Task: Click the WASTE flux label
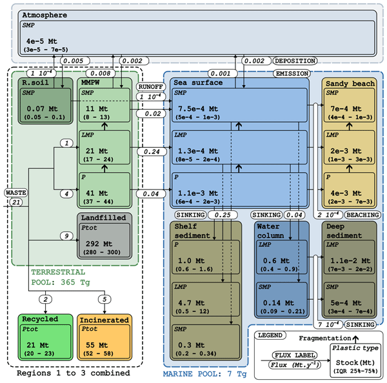15,192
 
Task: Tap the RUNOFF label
150,86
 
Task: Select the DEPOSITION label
297,61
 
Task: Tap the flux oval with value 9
66,237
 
